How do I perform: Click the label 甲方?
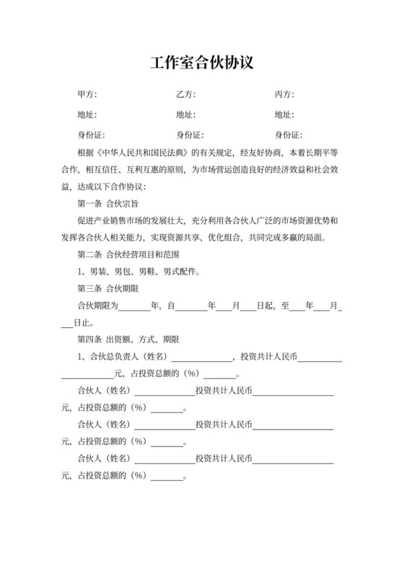pyautogui.click(x=87, y=95)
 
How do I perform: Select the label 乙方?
pyautogui.click(x=185, y=95)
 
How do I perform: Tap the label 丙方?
pyautogui.click(x=284, y=95)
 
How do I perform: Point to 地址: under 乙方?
pyautogui.click(x=185, y=114)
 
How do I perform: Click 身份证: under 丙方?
pyautogui.click(x=288, y=134)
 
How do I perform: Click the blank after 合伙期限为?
pyautogui.click(x=133, y=306)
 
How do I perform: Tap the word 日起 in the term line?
pyautogui.click(x=266, y=305)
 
